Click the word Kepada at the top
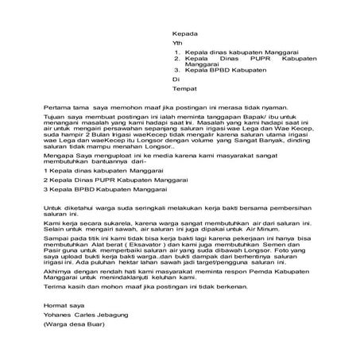point(184,34)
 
